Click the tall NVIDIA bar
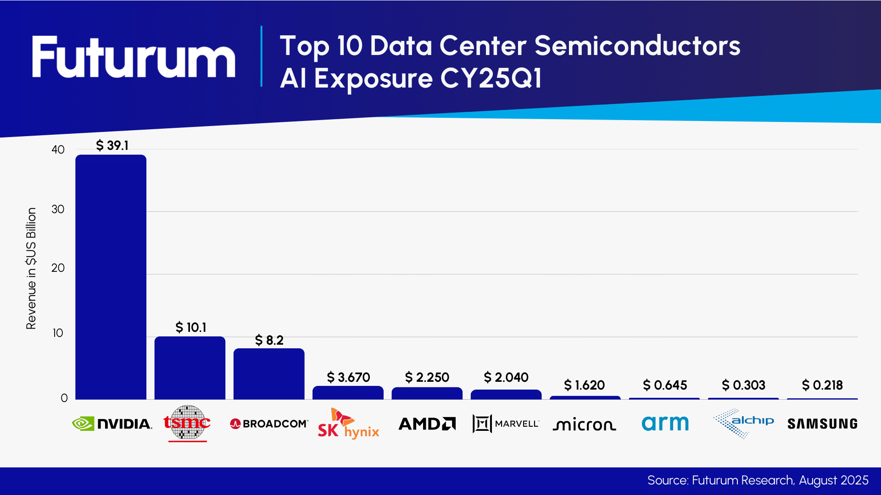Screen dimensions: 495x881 111,277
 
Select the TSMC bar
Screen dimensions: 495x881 190,368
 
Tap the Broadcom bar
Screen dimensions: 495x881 269,374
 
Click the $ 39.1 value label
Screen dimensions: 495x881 112,145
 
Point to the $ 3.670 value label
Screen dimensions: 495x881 348,377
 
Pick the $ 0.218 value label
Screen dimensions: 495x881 822,385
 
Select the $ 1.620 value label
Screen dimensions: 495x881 584,385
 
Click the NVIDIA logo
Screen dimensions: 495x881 112,423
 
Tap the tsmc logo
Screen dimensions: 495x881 187,423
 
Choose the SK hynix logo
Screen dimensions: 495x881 348,424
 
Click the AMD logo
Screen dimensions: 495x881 427,423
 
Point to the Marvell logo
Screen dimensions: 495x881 506,423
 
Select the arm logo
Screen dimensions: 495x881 665,423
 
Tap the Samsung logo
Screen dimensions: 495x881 822,424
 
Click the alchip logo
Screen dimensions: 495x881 743,423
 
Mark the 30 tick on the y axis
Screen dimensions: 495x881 58,209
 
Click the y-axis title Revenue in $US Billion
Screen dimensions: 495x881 31,269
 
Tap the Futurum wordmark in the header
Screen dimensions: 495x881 133,57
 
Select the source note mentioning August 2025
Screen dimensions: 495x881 758,480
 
